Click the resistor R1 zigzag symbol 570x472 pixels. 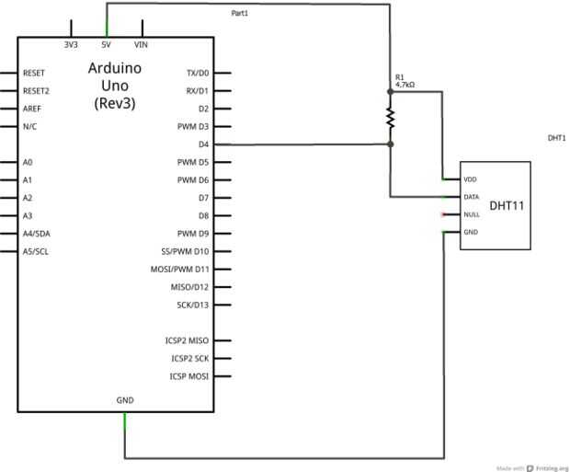390,118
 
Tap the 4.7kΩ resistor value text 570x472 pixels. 405,85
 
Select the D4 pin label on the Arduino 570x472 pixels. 203,144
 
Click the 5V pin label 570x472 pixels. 107,44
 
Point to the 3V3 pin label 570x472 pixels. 71,44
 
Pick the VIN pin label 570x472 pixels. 141,44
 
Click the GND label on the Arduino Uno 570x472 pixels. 125,400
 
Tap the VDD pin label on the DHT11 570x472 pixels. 470,178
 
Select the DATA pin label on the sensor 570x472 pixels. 471,196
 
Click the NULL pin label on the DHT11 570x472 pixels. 471,214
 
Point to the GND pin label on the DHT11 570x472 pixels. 470,232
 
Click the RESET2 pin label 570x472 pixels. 36,90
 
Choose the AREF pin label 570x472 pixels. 32,109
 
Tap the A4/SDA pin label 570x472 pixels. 37,233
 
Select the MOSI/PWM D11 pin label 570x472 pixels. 180,269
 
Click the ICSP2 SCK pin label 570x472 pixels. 189,358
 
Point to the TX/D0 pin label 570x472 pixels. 198,73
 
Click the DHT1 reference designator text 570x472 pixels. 556,138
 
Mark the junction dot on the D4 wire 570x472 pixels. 390,144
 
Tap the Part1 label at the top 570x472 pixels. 239,13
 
